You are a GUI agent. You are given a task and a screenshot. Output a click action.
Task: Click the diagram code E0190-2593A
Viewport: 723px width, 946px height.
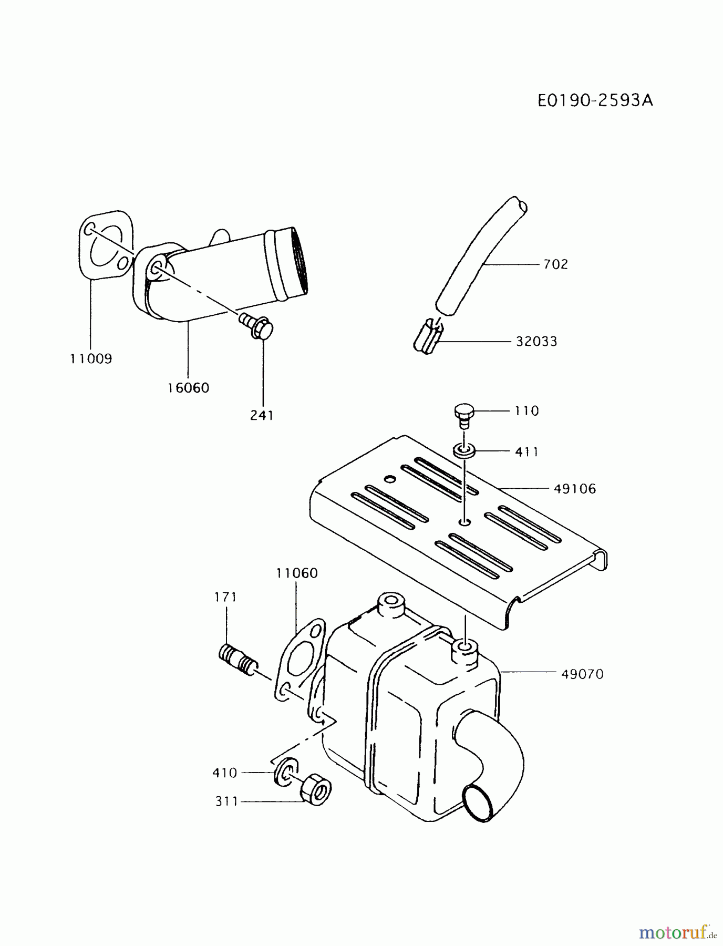tap(595, 100)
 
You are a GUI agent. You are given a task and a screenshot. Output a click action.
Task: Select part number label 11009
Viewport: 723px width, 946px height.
tap(91, 359)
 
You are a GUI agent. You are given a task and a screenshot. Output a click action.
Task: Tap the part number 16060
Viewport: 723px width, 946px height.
tap(188, 388)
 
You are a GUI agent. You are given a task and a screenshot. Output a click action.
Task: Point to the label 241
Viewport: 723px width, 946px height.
tap(262, 415)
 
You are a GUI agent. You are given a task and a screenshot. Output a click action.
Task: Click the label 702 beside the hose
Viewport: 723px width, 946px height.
tap(555, 264)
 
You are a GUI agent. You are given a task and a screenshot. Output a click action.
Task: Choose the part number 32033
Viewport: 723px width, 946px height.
tap(536, 342)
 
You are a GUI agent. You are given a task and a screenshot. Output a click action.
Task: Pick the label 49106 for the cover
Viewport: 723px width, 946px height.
tap(575, 489)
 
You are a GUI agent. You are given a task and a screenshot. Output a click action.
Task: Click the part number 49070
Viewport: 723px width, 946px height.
tap(582, 674)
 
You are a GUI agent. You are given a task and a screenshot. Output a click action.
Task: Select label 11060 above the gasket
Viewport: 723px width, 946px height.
tap(297, 573)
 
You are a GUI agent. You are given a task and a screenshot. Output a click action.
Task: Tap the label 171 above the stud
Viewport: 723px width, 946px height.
tap(225, 597)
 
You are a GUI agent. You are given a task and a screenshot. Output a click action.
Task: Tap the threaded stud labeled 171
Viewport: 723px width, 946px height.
tap(237, 660)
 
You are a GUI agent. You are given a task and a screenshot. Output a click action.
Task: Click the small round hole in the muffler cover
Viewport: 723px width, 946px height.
tap(389, 479)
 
